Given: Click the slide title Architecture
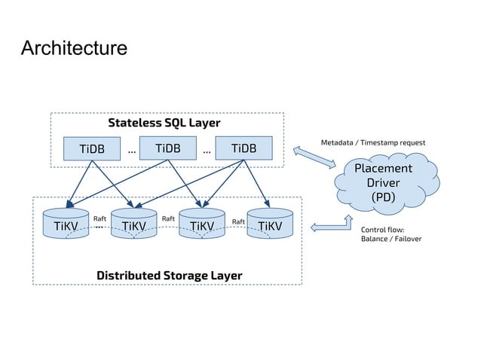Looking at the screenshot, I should coord(74,49).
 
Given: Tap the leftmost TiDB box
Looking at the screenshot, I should coord(92,148).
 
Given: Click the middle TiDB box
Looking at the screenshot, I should coord(167,148).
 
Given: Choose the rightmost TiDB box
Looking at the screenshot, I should coord(244,148).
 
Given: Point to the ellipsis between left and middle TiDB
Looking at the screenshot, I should coord(132,150).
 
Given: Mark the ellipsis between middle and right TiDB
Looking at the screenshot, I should coord(207,150).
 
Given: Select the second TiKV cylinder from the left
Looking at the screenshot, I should coord(133,224).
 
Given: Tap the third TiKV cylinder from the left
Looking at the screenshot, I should coord(201,224).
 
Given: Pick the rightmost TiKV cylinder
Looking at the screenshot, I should coord(269,224).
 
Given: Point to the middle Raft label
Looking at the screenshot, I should coord(168,218).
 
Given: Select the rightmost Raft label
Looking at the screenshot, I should coord(237,221).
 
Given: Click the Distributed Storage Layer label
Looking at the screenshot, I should coord(169,275).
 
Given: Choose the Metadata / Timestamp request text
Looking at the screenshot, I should coord(372,142).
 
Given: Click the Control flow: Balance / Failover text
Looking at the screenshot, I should coord(391,233).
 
